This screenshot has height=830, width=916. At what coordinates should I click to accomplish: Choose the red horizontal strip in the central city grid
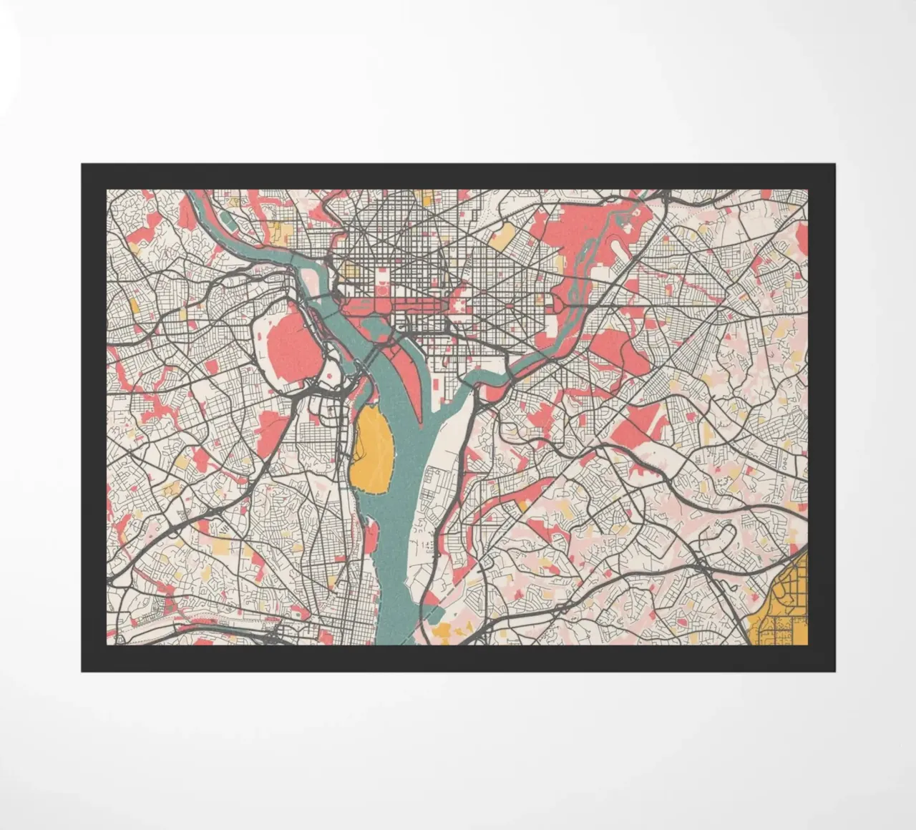coord(401,306)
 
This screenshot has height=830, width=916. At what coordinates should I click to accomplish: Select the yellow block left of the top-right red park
coord(504,234)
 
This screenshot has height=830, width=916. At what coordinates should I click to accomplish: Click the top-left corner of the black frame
coord(82,165)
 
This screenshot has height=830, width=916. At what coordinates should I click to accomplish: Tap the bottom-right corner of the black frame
coord(834,670)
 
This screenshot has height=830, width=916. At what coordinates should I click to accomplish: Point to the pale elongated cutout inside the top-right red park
coord(616,246)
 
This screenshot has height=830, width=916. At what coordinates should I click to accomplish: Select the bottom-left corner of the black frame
coord(82,670)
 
